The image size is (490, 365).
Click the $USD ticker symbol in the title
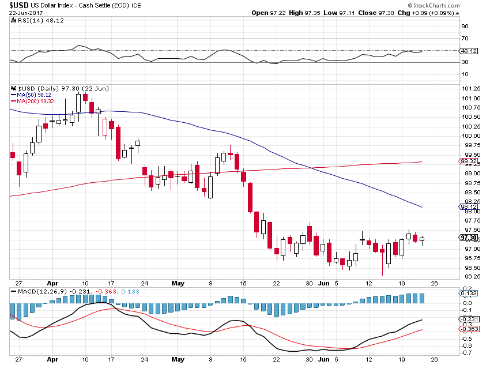click(19, 5)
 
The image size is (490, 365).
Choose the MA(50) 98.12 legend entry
click(34, 95)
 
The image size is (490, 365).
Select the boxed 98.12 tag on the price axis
click(467, 206)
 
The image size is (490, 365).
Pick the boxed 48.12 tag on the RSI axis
click(467, 51)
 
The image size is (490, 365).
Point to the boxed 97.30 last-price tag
click(467, 238)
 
